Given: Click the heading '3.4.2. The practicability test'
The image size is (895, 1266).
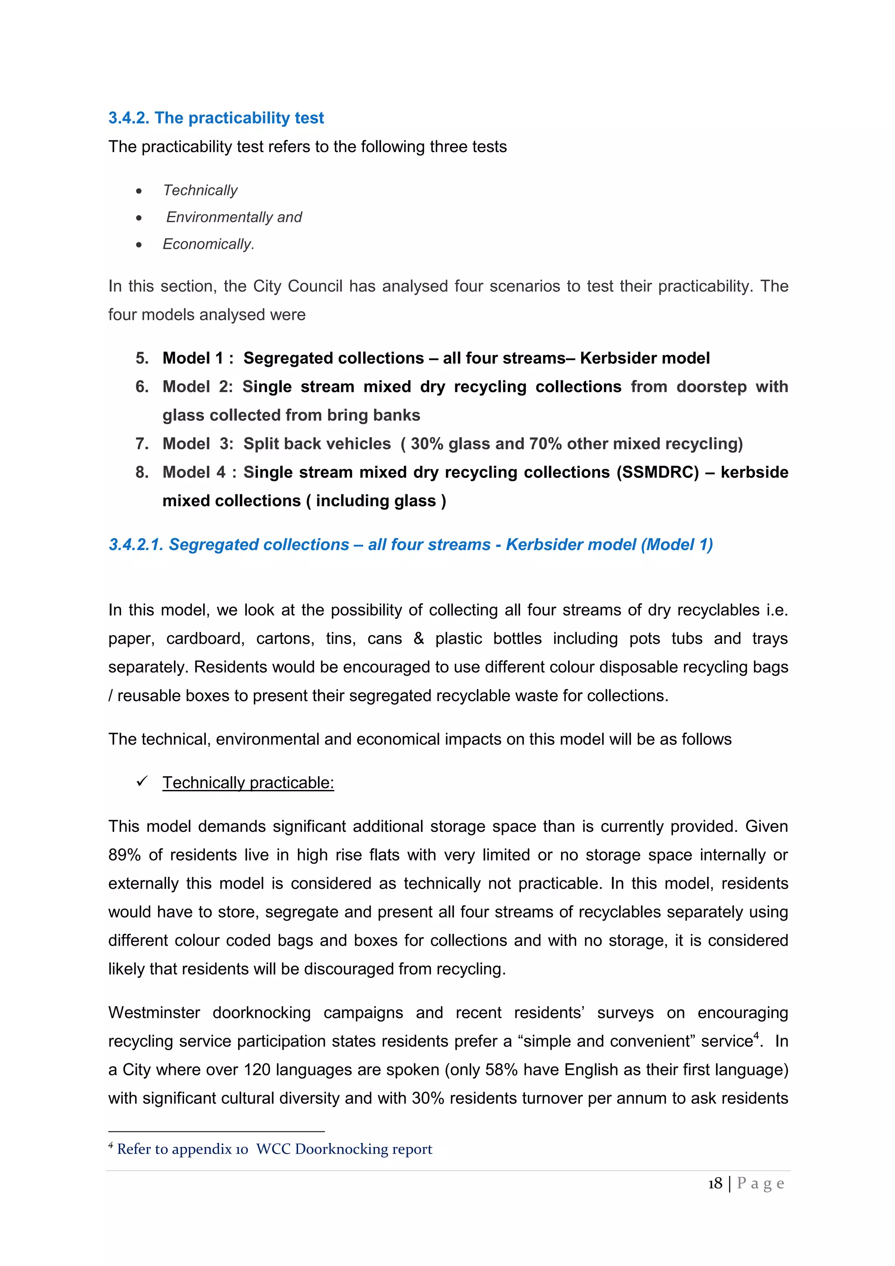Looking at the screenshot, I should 216,118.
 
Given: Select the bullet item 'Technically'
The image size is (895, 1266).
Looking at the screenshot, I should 200,190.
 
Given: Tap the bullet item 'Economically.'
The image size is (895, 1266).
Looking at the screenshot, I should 208,244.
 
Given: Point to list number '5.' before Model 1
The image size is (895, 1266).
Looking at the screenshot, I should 142,358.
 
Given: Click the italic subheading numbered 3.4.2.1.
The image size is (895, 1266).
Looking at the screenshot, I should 411,545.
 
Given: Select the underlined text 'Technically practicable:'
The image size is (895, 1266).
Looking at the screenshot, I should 248,783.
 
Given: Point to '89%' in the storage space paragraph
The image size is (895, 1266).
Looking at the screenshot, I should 125,855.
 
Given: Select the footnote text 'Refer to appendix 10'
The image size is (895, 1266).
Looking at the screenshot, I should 182,1149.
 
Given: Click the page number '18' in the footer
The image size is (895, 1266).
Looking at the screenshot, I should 715,1183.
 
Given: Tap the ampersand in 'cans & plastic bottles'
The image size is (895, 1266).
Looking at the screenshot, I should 419,639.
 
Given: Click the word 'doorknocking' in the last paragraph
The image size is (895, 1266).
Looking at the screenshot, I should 262,1013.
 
